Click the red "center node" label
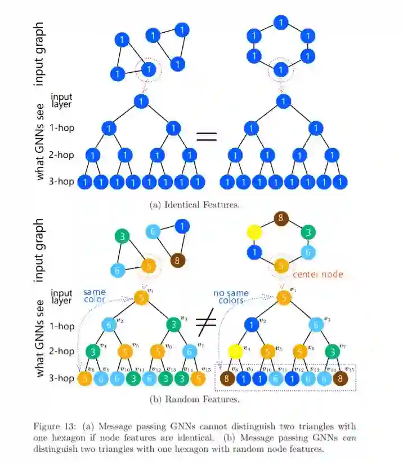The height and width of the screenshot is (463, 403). point(317,275)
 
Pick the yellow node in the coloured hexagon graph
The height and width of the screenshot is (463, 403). point(255,231)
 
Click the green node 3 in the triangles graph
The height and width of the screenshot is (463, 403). point(121,236)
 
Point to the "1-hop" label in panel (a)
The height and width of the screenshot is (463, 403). point(62,128)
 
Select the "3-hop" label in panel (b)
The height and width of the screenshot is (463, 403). point(62,378)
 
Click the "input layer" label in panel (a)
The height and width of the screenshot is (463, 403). point(61,100)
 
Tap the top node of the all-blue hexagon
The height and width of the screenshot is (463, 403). point(280,22)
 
